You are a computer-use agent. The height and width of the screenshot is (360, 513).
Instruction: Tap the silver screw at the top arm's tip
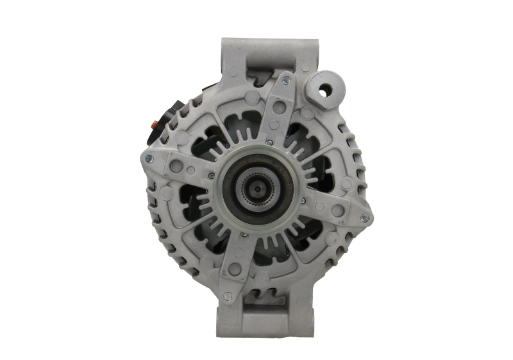[286, 80]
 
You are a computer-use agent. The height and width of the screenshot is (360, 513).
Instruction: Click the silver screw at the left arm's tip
[149, 159]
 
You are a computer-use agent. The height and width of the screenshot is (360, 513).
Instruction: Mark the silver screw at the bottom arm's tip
[227, 296]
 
